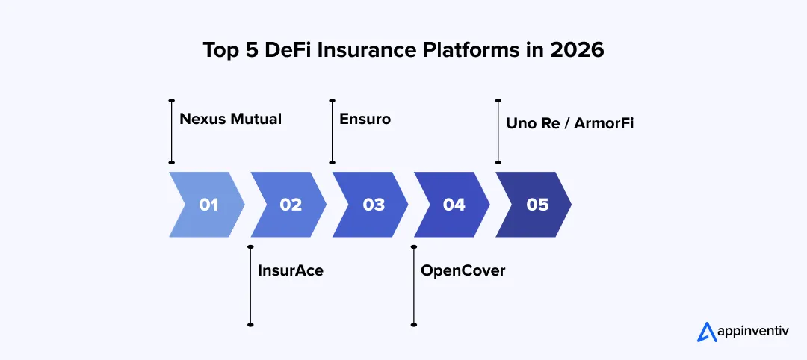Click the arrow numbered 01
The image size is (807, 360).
tap(208, 205)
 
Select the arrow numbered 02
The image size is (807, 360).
tap(290, 205)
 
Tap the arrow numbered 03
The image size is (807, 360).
tap(372, 205)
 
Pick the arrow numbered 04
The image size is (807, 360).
tap(454, 205)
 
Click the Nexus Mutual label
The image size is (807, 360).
tap(231, 119)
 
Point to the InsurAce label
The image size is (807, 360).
tap(290, 270)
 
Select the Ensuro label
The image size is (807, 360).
tap(365, 119)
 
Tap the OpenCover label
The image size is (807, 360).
tap(463, 270)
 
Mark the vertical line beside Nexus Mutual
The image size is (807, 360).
tap(172, 131)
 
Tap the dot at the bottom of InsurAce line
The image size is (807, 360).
tap(250, 324)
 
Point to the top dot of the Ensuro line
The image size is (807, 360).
tap(333, 100)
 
